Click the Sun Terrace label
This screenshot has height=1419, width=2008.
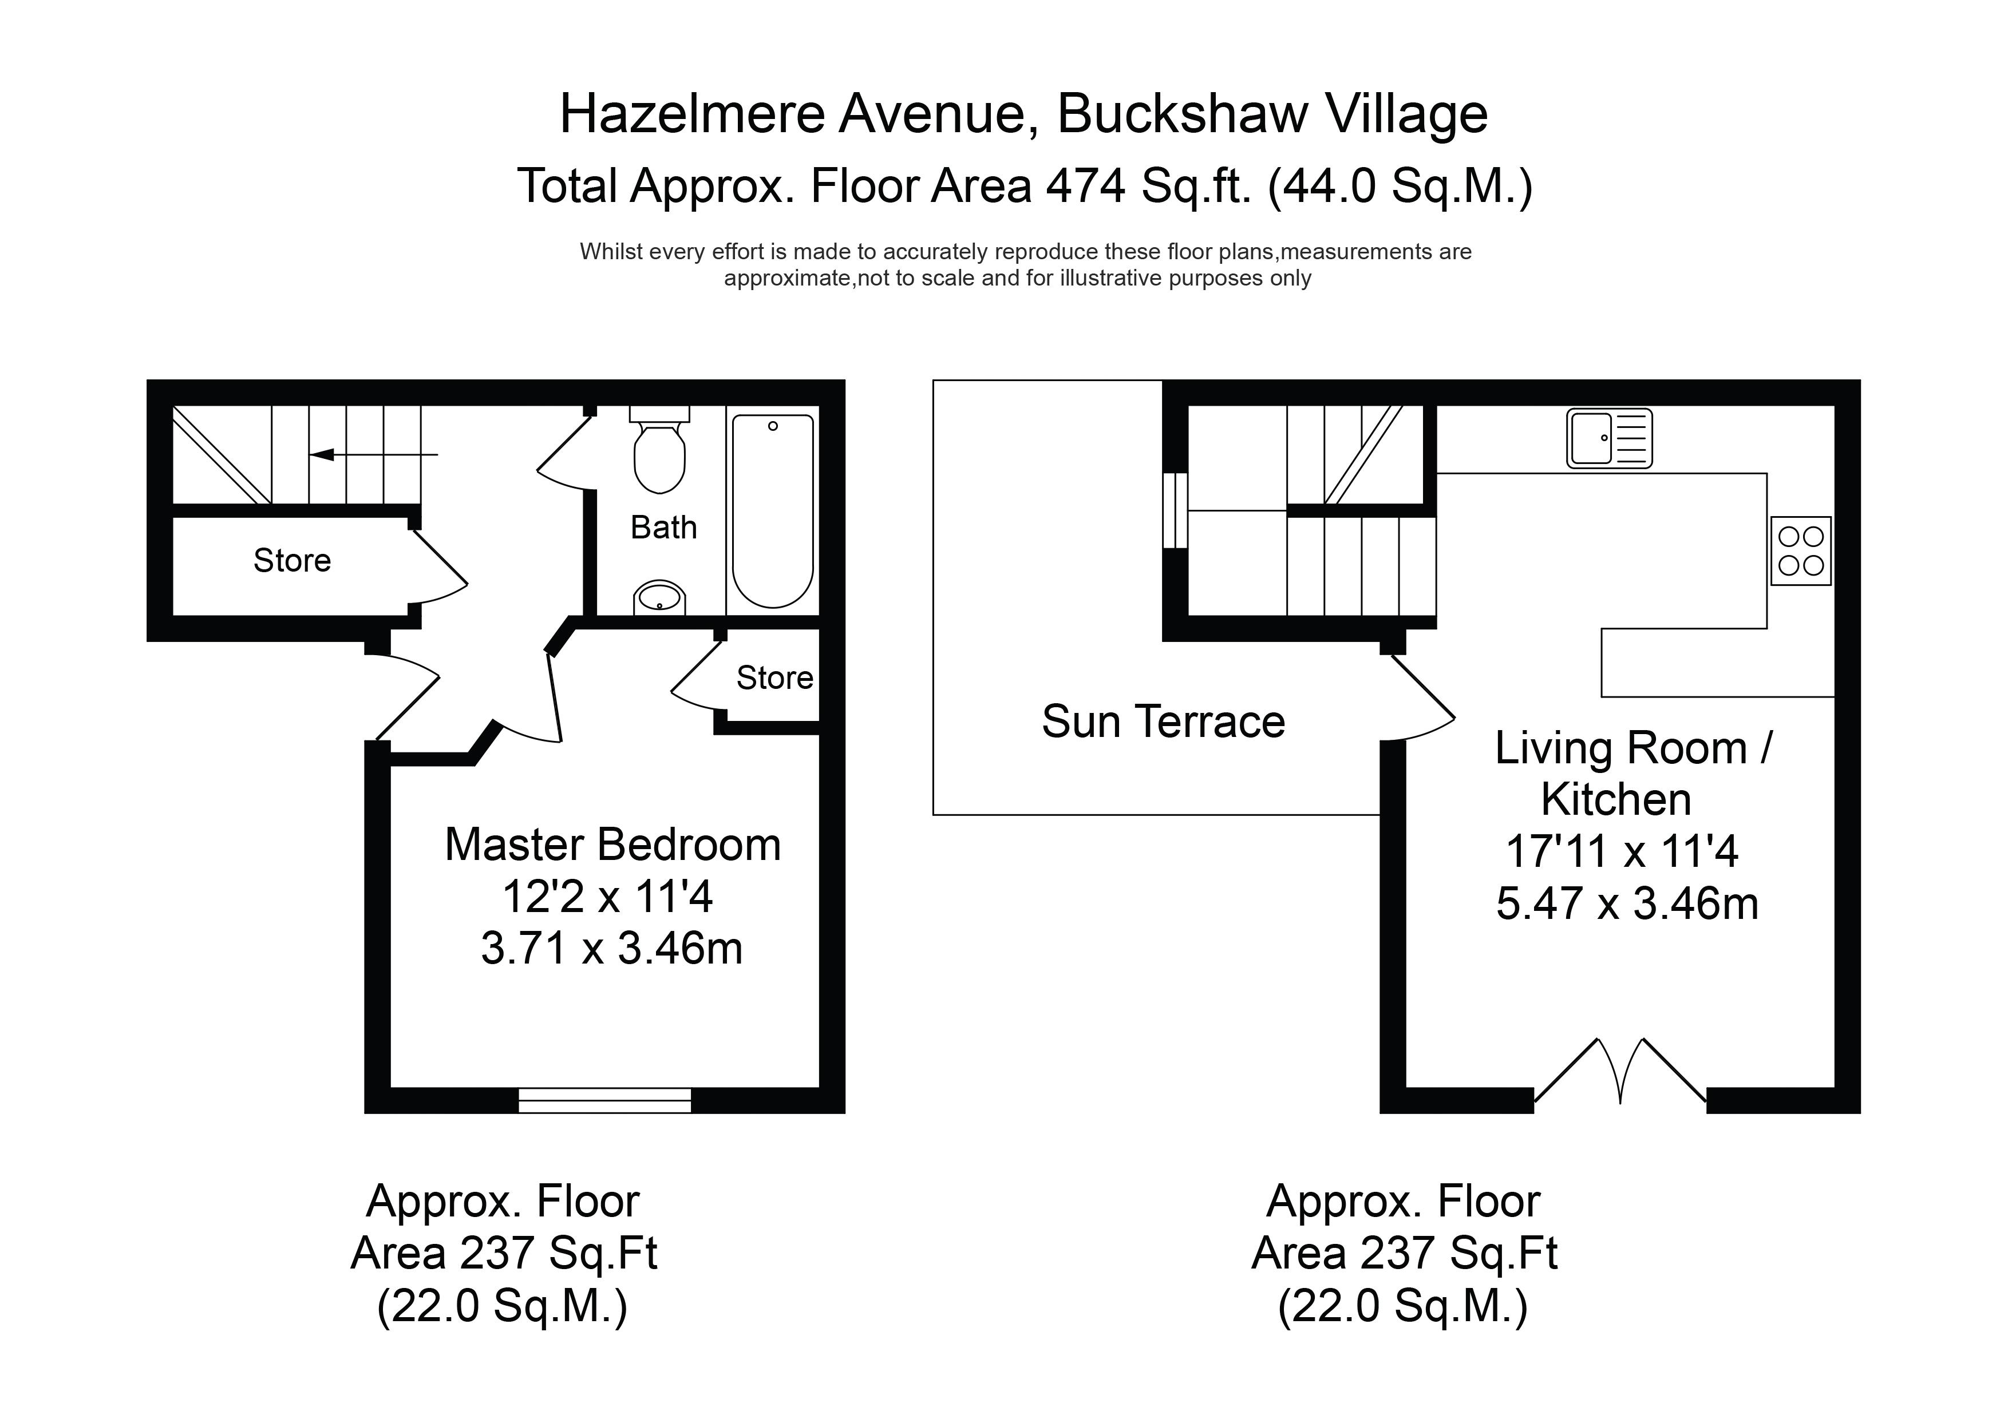[1163, 722]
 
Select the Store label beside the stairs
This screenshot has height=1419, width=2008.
[292, 560]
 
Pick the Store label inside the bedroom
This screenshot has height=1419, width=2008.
[775, 677]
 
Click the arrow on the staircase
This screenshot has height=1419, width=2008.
[373, 455]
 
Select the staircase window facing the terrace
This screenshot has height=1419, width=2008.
[1175, 510]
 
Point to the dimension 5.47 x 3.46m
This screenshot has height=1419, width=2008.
[1627, 904]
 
